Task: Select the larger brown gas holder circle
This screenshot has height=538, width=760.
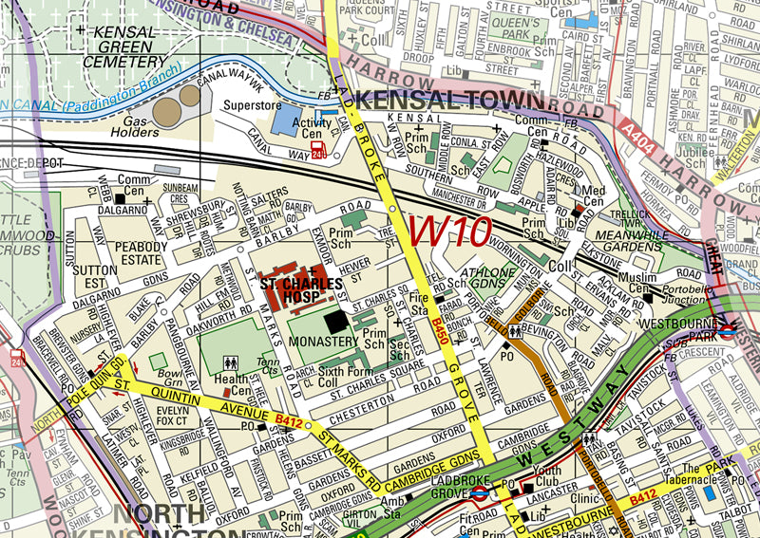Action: (x=167, y=112)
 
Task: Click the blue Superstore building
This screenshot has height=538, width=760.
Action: (x=284, y=119)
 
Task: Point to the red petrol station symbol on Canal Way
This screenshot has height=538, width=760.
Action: (x=319, y=151)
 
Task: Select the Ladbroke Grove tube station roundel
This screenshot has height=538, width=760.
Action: (x=480, y=493)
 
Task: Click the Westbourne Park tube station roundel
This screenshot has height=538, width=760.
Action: (x=727, y=330)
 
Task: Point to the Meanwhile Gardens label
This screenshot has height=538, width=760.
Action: (x=628, y=241)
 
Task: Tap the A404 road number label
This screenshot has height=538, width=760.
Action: (x=641, y=130)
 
